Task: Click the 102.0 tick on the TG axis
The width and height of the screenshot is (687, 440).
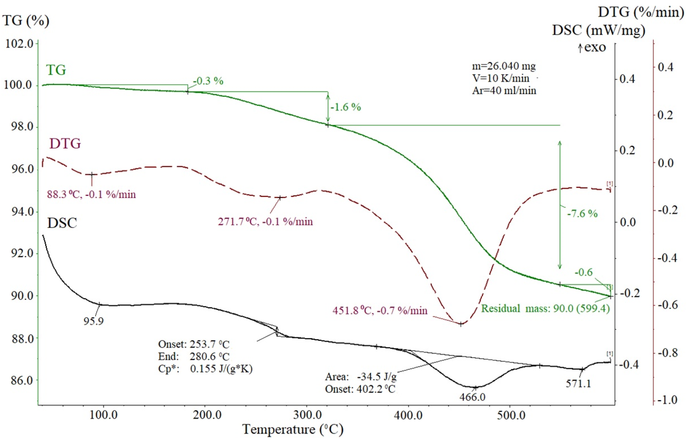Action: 19,44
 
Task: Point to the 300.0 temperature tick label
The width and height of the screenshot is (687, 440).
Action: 308,415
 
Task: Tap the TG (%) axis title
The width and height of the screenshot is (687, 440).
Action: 26,21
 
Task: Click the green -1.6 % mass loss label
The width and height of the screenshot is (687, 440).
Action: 346,107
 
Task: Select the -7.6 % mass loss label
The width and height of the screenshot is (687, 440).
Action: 582,213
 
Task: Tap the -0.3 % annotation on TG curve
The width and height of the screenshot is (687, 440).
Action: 208,81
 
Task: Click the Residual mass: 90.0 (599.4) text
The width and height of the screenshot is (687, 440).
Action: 545,309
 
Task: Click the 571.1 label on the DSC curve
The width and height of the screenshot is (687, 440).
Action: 578,383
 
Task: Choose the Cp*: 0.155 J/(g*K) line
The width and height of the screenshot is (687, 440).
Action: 205,369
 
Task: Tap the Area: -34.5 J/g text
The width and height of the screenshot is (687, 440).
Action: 361,377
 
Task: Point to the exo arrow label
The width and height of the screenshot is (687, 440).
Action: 592,47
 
